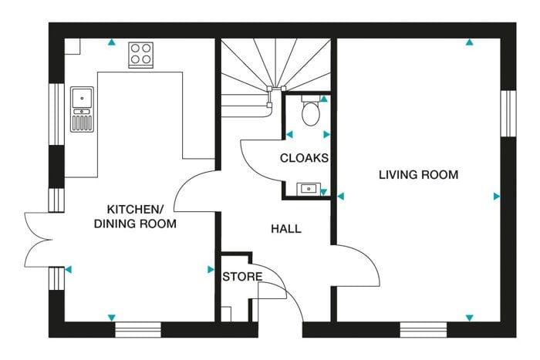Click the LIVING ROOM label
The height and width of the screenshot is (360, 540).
tap(418, 175)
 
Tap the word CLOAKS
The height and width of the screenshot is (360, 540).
tap(304, 158)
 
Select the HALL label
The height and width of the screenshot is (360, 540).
tap(286, 229)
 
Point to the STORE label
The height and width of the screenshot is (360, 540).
tap(242, 277)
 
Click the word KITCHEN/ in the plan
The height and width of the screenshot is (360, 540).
tap(135, 209)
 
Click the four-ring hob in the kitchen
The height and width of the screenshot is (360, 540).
tap(141, 55)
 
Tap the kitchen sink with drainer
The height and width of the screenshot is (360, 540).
tap(82, 109)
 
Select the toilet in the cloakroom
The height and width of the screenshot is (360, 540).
tap(311, 110)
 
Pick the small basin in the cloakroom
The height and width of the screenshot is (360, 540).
tap(309, 189)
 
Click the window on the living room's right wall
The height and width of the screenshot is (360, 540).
tap(508, 113)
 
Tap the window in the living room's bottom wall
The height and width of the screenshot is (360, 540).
tap(424, 330)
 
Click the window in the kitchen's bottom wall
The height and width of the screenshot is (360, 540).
tap(138, 330)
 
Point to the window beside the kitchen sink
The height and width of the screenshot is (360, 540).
tap(56, 114)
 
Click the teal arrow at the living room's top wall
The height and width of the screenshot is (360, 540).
tap(469, 42)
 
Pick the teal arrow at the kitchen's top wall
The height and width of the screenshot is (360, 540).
tap(111, 42)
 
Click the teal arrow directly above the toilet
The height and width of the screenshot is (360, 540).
tap(324, 99)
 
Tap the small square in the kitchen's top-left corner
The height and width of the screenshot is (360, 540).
tap(73, 46)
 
